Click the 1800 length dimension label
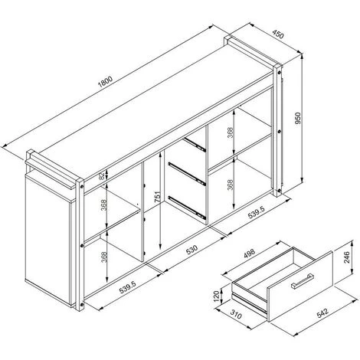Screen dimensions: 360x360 [x=105, y=82]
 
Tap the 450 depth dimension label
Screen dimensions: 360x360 [x=278, y=34]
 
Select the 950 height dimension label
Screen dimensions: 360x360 [x=298, y=118]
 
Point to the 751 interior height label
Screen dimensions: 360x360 [x=159, y=197]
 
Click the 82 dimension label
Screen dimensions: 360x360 [x=102, y=175]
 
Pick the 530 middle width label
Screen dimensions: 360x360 [x=191, y=250]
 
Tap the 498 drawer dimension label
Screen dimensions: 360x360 [x=249, y=253]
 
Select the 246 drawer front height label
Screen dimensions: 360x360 [x=347, y=257]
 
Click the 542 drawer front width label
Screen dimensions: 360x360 [x=322, y=313]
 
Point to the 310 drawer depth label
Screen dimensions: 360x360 [x=236, y=314]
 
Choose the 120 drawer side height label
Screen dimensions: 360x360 [x=217, y=296]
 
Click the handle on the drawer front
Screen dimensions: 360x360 [x=303, y=281]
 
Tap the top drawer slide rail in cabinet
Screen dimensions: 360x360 [x=195, y=145]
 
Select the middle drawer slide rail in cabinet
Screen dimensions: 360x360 [x=187, y=174]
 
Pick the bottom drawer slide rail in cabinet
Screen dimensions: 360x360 [x=187, y=208]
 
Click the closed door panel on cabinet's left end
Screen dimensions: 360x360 [x=47, y=240]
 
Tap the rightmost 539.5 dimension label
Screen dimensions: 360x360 [x=257, y=212]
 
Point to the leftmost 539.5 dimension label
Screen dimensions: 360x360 [x=128, y=287]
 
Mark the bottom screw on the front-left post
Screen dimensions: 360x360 [x=82, y=305]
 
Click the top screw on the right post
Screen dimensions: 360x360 [x=280, y=73]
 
